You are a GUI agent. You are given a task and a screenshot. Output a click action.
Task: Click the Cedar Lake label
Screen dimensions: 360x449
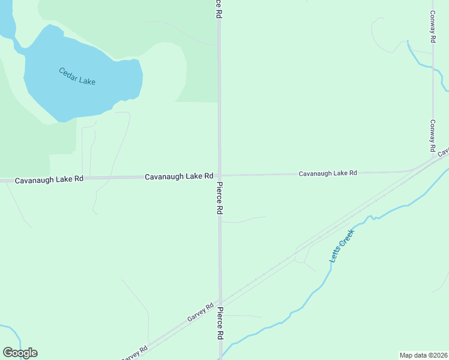tap(77, 76)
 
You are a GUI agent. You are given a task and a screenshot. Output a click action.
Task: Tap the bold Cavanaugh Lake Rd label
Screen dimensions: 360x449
tap(179, 176)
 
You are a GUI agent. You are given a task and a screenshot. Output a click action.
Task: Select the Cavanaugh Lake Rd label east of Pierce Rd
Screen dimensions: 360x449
tap(328, 173)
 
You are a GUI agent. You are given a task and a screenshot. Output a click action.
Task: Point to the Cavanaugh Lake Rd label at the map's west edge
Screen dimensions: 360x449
tap(49, 180)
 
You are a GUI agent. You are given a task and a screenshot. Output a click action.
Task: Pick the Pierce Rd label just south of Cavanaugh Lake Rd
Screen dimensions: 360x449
tap(220, 199)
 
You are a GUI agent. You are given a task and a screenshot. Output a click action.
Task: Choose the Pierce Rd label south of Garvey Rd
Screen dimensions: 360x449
tap(220, 323)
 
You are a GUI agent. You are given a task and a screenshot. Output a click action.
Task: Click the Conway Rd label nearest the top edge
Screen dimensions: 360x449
tap(433, 25)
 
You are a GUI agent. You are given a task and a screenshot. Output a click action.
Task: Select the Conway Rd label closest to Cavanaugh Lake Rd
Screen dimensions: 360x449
tap(432, 135)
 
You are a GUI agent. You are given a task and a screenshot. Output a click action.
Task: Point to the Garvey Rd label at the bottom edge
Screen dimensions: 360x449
tap(135, 353)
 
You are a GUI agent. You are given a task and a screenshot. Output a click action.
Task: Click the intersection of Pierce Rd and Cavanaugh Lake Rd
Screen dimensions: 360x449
tap(219, 175)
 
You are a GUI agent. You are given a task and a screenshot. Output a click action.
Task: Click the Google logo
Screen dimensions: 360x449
tap(20, 353)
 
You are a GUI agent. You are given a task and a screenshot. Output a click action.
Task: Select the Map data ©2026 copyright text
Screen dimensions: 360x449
tap(424, 355)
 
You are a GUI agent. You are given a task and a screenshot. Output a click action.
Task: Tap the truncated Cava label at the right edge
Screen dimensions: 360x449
tap(443, 152)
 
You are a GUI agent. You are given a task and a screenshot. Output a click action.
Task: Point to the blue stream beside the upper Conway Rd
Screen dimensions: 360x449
tap(420, 60)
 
